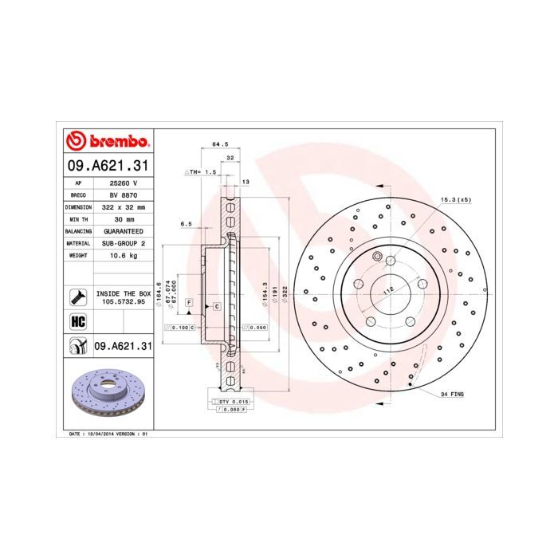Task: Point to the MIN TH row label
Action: pyautogui.click(x=78, y=218)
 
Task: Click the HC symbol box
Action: pyautogui.click(x=78, y=322)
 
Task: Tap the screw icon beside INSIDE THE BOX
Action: pyautogui.click(x=78, y=298)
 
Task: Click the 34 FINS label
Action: pyautogui.click(x=452, y=395)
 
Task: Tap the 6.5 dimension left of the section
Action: pyautogui.click(x=186, y=224)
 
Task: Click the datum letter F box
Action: pyautogui.click(x=190, y=302)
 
